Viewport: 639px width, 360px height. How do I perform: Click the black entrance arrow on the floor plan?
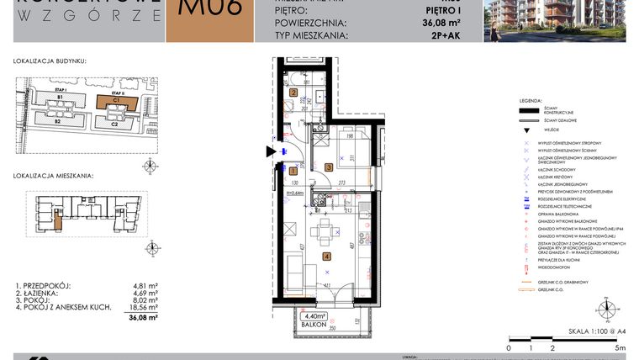270,151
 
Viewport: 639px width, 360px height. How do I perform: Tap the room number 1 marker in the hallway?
292,170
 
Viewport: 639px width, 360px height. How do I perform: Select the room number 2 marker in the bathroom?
294,93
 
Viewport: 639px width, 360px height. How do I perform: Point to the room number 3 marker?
329,167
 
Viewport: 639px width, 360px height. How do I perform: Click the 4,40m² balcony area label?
315,316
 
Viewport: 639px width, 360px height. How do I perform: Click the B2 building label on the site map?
59,122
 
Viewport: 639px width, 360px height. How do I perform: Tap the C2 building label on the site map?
114,123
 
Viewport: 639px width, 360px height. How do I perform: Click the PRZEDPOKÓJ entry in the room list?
47,285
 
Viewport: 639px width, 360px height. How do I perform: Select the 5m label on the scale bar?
620,347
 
